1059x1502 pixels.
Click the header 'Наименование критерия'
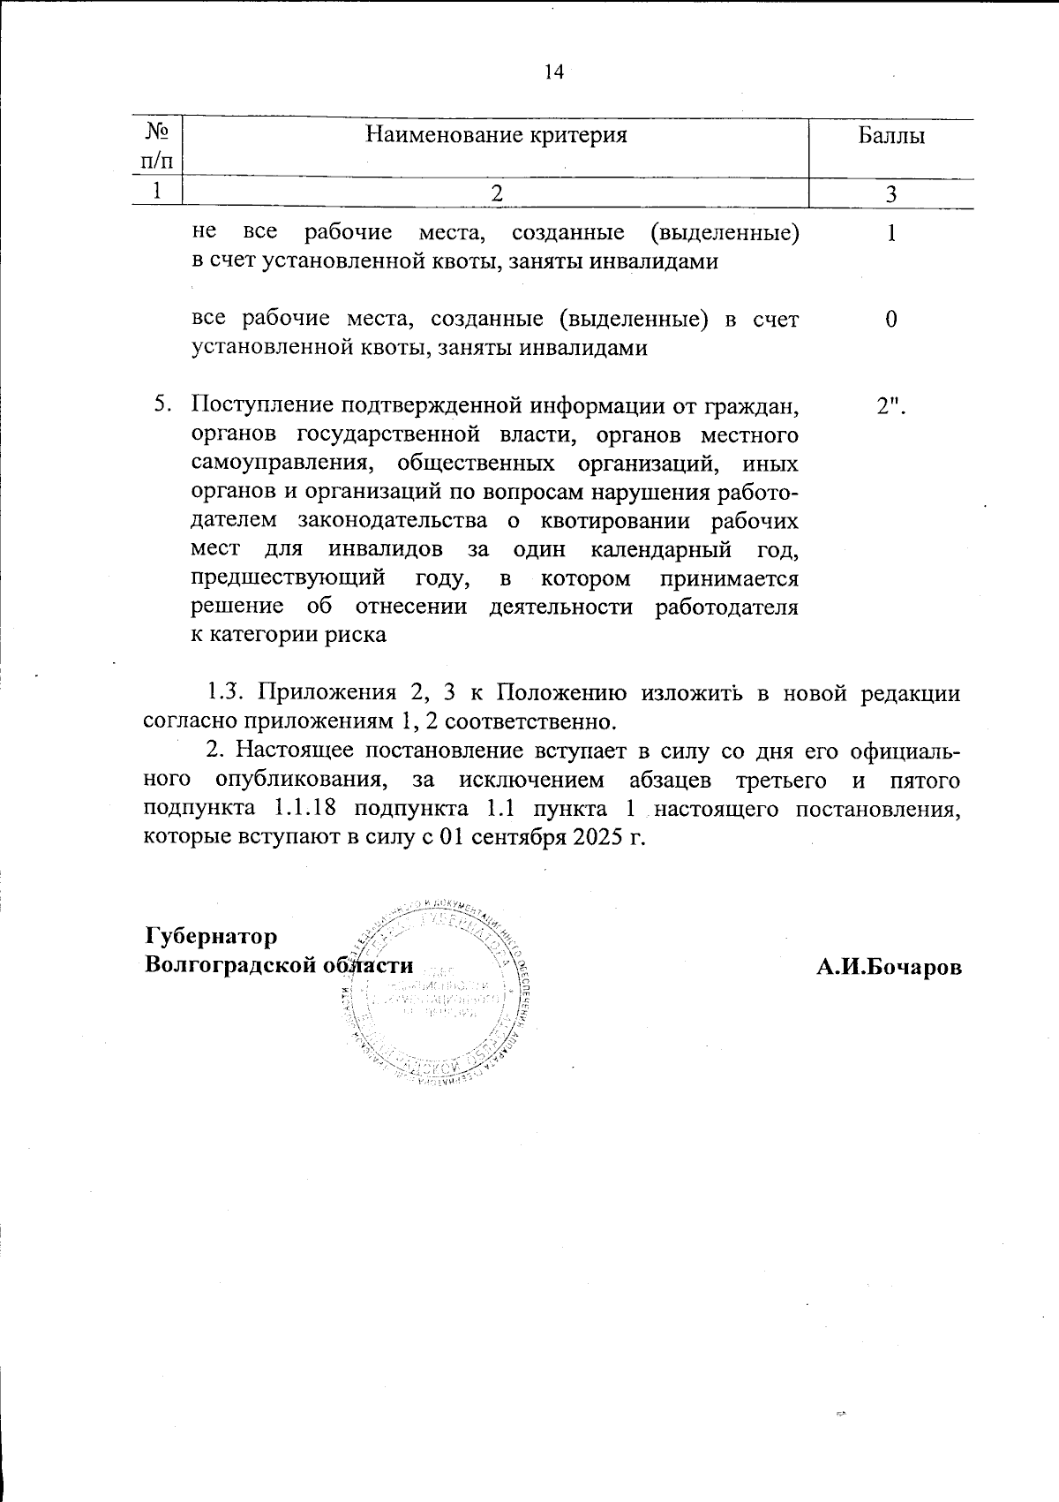click(496, 135)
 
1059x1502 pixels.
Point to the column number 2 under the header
click(497, 193)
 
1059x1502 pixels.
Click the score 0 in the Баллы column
click(891, 320)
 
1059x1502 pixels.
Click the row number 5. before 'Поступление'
click(161, 405)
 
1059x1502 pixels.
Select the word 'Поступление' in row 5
click(262, 405)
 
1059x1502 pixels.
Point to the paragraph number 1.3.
click(228, 693)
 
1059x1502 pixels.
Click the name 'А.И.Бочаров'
click(888, 966)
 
